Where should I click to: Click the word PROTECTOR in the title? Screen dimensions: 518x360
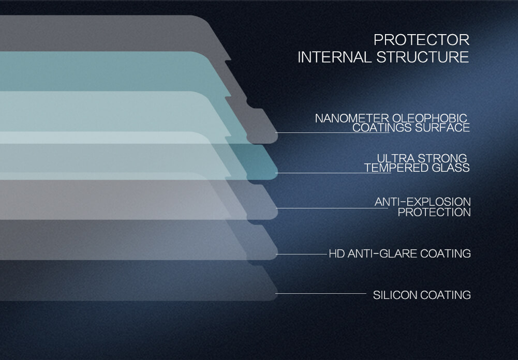(422, 40)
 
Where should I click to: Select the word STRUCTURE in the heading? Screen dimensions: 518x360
(423, 57)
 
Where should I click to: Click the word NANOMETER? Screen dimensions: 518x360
(352, 118)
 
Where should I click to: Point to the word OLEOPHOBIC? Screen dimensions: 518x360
(430, 118)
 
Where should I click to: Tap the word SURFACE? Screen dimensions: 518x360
(442, 128)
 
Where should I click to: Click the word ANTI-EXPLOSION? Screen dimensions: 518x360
(423, 202)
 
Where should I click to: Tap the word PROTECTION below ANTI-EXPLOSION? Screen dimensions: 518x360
(434, 212)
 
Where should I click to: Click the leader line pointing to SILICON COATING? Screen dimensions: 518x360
(321, 293)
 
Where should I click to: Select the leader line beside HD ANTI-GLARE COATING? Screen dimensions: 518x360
(301, 254)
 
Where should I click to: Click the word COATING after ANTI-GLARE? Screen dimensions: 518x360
(446, 253)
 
